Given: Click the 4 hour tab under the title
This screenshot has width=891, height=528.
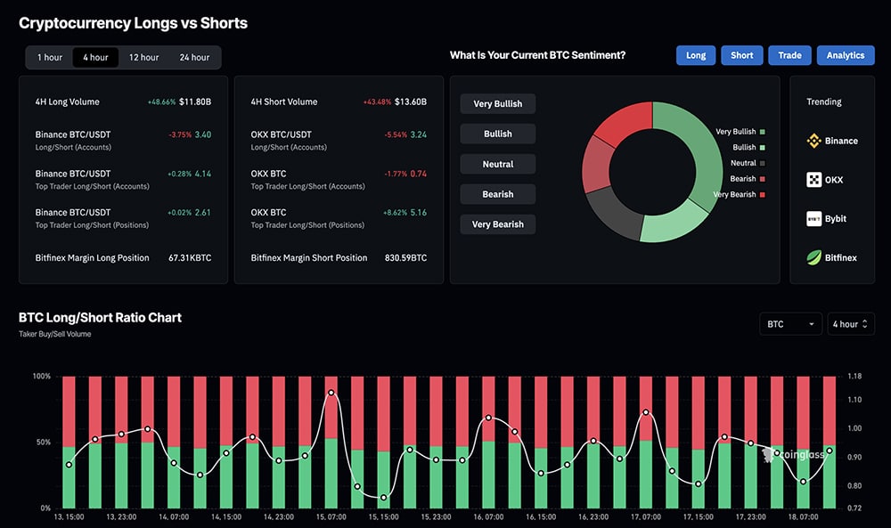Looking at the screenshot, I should coord(95,58).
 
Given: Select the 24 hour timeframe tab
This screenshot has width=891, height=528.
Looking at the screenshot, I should coord(194,58).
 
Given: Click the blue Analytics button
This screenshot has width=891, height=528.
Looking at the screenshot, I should coord(845,55).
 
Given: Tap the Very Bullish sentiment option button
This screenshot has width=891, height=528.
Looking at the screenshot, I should coord(497,104).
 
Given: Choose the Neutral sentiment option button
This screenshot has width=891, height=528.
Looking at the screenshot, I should coord(497,164).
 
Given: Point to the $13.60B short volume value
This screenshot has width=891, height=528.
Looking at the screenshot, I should coord(411,102).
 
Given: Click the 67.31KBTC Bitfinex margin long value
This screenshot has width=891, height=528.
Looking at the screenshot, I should coord(190,258).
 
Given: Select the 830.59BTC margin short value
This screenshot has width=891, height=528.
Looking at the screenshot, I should coord(406,258).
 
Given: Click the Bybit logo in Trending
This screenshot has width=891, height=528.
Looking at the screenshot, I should coord(814,219).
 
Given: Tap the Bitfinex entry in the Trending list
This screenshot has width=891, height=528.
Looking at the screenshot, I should coord(831,258).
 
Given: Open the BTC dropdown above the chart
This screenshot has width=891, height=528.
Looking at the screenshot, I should coord(790,324).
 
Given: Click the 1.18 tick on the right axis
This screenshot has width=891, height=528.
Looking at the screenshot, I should coord(854,377).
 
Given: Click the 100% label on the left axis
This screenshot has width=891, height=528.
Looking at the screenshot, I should coord(41,377).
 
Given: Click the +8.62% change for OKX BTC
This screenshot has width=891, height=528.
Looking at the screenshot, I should coord(392,213).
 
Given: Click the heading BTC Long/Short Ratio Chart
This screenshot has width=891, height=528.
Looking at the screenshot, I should coord(100,318).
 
